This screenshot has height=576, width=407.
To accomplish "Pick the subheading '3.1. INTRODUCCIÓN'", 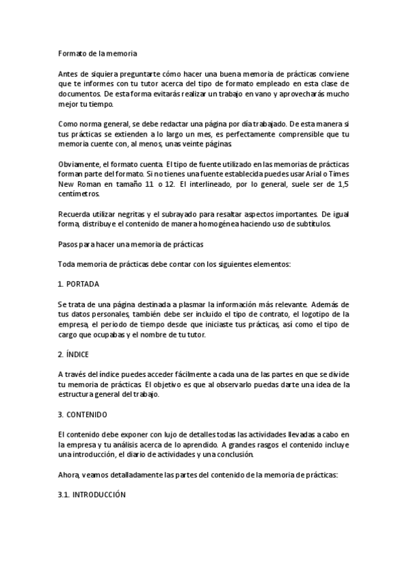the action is click(x=92, y=496).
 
